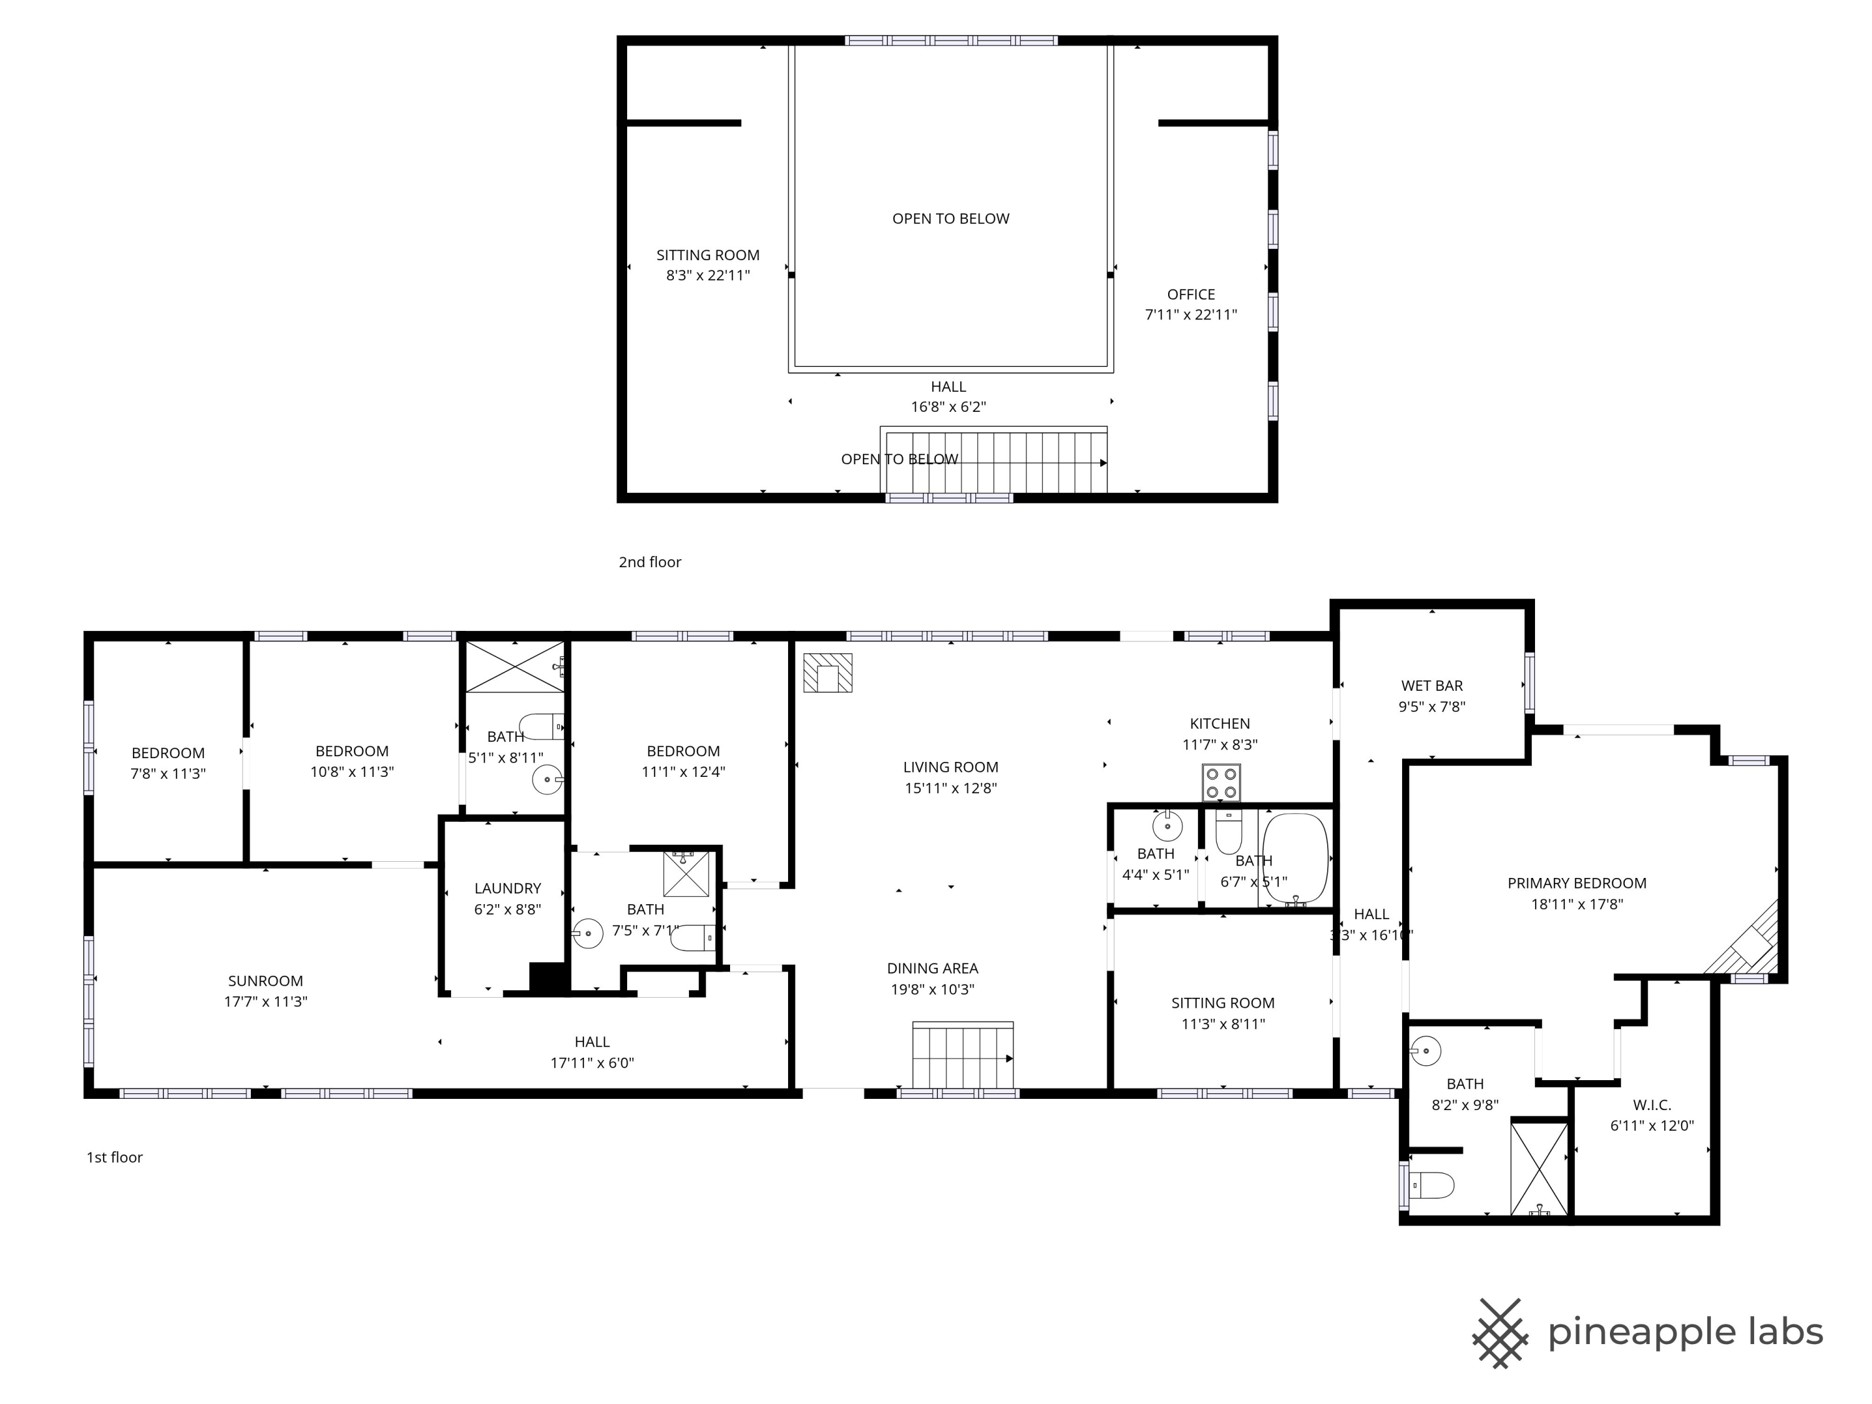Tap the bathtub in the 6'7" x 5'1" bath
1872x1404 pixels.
click(x=1295, y=859)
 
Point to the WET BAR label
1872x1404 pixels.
click(x=1432, y=686)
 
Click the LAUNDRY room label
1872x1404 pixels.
click(x=508, y=889)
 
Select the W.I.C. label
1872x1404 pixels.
click(x=1652, y=1105)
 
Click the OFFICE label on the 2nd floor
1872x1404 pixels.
click(x=1191, y=295)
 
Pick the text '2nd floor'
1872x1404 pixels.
click(x=650, y=562)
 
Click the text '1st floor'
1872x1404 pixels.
click(x=114, y=1158)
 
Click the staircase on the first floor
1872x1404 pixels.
click(x=963, y=1056)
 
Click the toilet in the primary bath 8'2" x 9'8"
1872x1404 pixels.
click(x=1432, y=1186)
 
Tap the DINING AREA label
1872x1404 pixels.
click(x=933, y=969)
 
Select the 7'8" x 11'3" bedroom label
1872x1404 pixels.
click(x=168, y=753)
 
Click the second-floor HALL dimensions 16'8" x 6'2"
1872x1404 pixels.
click(x=948, y=407)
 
